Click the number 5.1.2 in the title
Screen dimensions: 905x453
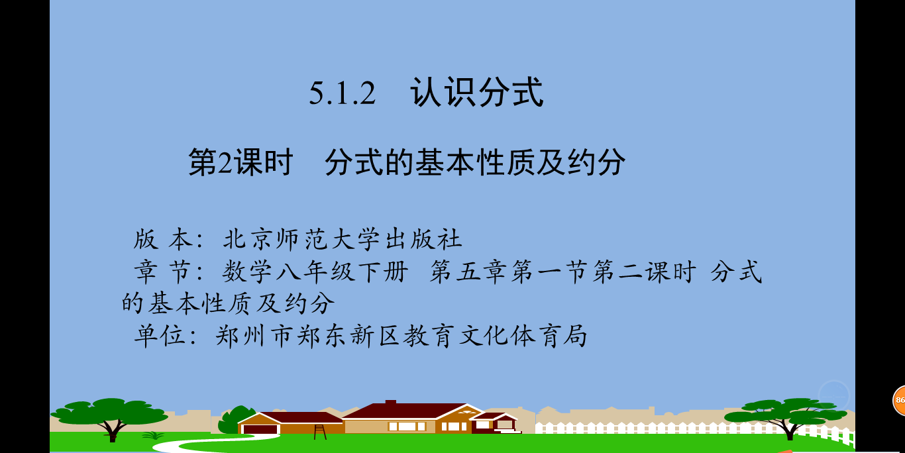(343, 93)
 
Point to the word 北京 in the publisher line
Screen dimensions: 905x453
(249, 239)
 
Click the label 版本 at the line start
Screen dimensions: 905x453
(163, 239)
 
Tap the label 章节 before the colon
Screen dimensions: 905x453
(163, 272)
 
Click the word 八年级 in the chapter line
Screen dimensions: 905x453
(314, 272)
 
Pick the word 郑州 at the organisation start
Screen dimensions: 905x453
(240, 336)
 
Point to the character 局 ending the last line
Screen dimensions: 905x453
(574, 336)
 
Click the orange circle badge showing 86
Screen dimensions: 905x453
(899, 400)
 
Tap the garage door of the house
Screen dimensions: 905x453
(260, 428)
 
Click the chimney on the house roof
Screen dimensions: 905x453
(391, 402)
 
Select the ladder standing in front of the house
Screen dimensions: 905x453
(320, 432)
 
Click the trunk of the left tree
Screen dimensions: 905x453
(113, 430)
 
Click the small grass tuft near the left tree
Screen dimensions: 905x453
(154, 435)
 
